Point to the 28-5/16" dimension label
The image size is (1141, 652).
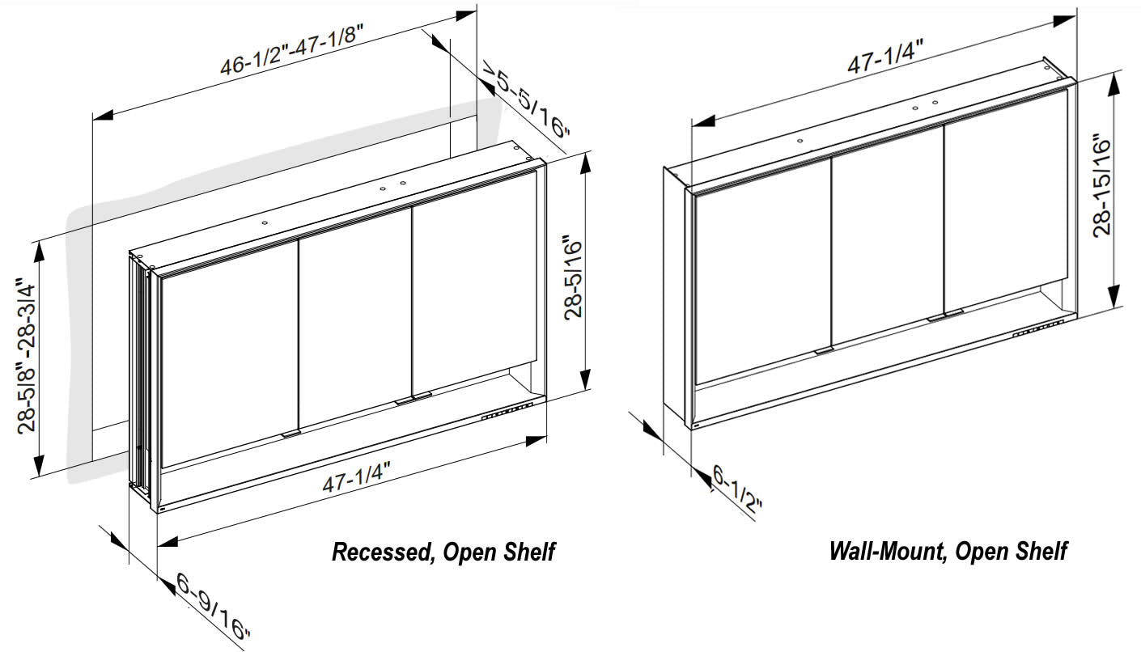[x=574, y=277]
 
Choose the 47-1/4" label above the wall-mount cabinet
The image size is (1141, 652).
[x=886, y=59]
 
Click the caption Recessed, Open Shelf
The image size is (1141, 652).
[x=443, y=553]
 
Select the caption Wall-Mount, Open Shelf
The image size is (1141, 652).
[x=948, y=552]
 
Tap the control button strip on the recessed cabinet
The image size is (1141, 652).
[x=507, y=412]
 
